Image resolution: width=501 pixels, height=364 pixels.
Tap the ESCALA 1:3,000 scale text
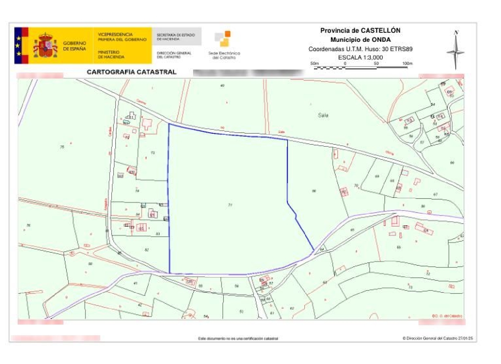pyautogui.click(x=360, y=57)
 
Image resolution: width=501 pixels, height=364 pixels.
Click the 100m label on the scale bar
pyautogui.click(x=407, y=63)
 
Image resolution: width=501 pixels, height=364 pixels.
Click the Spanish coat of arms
pyautogui.click(x=45, y=45)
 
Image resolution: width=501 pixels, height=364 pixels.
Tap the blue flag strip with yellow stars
pyautogui.click(x=18, y=45)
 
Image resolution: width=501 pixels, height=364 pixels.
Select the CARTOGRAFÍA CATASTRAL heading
pyautogui.click(x=131, y=72)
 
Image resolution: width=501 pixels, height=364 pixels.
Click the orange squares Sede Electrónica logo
pyautogui.click(x=223, y=38)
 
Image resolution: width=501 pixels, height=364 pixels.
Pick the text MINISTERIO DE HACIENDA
pyautogui.click(x=111, y=54)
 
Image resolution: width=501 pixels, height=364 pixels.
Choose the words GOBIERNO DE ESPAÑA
pyautogui.click(x=74, y=46)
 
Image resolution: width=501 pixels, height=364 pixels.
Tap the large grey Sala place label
pyautogui.click(x=323, y=115)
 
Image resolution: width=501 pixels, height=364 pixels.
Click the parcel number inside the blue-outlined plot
pyautogui.click(x=230, y=205)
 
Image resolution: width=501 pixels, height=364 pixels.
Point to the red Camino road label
pyautogui.click(x=141, y=102)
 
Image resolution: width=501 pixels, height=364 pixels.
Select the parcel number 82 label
pyautogui.click(x=147, y=250)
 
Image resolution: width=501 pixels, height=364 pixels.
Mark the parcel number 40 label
pyautogui.click(x=222, y=86)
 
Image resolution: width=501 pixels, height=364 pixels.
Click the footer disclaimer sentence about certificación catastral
pyautogui.click(x=238, y=339)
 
